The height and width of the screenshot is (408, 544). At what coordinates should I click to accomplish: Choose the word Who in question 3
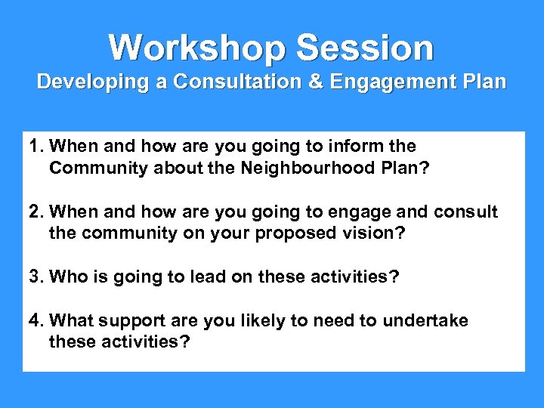pyautogui.click(x=67, y=277)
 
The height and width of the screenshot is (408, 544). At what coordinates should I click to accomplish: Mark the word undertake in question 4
pyautogui.click(x=425, y=320)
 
